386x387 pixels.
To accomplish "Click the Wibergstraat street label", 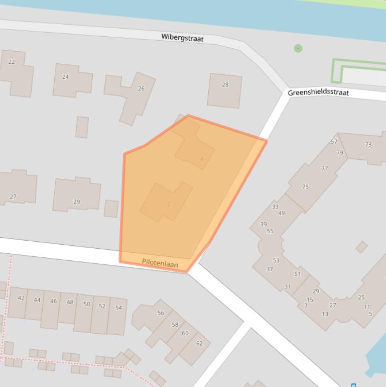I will (x=182, y=37).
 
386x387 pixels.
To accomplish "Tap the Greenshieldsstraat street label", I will (x=318, y=92).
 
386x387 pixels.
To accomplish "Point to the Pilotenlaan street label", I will (x=160, y=263).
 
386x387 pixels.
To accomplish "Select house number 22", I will (x=12, y=62).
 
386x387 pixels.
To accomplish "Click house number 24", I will (x=65, y=77).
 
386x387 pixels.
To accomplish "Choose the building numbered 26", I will (x=141, y=88).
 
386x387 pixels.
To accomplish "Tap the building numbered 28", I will (x=225, y=84).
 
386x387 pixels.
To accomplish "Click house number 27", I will (x=13, y=197).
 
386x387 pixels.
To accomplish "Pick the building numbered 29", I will (x=76, y=202).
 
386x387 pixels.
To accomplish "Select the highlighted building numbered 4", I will (x=201, y=159).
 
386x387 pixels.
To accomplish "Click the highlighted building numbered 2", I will (x=169, y=204).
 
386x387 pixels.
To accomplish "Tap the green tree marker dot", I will (x=298, y=48).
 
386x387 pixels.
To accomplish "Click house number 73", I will (x=368, y=144).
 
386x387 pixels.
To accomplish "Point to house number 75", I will (x=305, y=186).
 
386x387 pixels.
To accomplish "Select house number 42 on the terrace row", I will (x=21, y=298).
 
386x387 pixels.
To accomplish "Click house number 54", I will (x=118, y=308).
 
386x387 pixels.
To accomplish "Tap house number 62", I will (x=199, y=343).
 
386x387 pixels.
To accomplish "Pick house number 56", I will (x=161, y=313).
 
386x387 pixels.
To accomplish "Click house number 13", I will (x=325, y=314).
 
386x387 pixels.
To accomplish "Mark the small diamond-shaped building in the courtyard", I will (x=361, y=247).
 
